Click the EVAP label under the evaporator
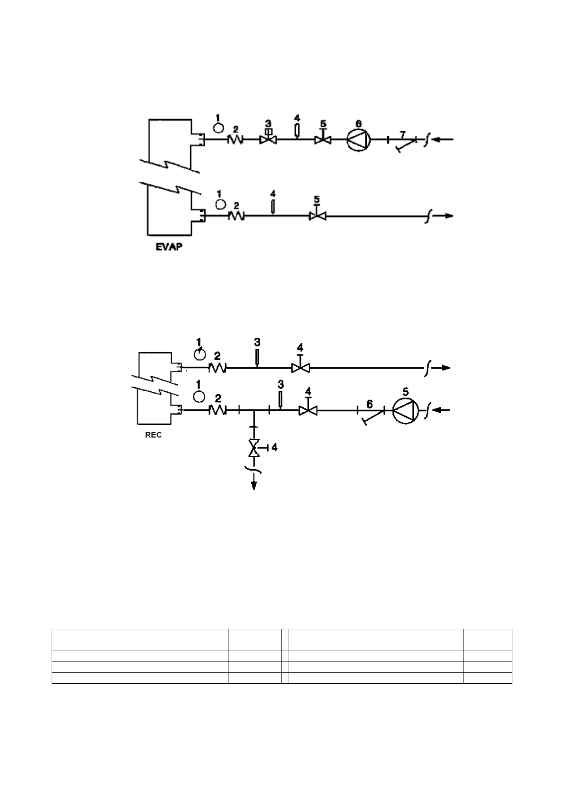169,247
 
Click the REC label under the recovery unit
153,435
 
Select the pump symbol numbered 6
359,139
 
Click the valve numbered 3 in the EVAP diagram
268,140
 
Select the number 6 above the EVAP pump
359,123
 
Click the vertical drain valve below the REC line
255,448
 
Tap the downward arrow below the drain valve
255,483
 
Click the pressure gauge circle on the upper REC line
200,354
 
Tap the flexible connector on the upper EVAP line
236,140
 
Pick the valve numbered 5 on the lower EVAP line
317,216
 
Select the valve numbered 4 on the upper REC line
300,368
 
